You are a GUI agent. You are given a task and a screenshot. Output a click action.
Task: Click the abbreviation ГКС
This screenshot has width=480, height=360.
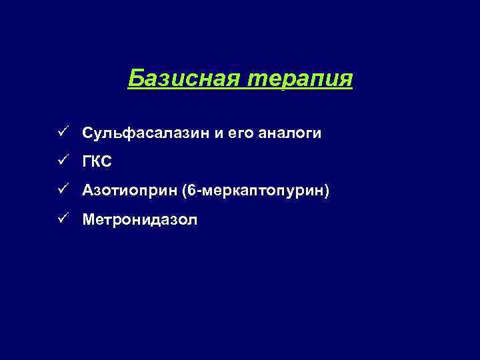coord(99,162)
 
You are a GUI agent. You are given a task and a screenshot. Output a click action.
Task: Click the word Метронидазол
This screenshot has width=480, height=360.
coord(140,219)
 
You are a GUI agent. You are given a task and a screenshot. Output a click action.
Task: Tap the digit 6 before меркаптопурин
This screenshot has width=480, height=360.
coord(193,191)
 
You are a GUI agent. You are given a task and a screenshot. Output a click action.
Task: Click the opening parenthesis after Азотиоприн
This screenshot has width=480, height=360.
coord(185,191)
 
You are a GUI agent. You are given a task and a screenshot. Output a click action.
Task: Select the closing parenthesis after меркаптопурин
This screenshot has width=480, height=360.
coord(327,191)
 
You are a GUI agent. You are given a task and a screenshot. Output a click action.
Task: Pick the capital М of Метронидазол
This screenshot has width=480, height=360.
coord(89,219)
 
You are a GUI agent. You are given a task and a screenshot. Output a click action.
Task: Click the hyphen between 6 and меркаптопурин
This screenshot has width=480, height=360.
coord(199,191)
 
